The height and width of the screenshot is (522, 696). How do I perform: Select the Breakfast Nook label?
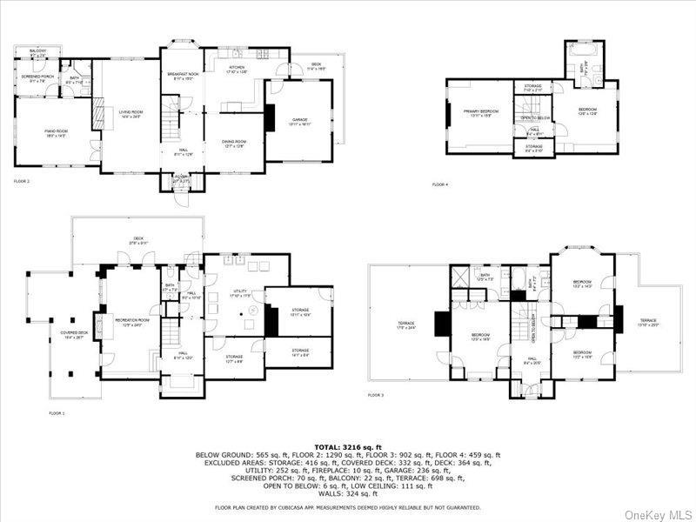click(181, 77)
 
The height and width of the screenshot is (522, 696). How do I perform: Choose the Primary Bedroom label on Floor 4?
click(478, 113)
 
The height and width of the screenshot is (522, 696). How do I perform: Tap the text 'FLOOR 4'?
click(439, 184)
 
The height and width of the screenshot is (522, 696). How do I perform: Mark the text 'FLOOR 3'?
click(375, 395)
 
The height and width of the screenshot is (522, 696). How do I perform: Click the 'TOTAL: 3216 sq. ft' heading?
click(347, 446)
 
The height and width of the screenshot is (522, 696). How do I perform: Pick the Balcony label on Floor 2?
click(38, 53)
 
